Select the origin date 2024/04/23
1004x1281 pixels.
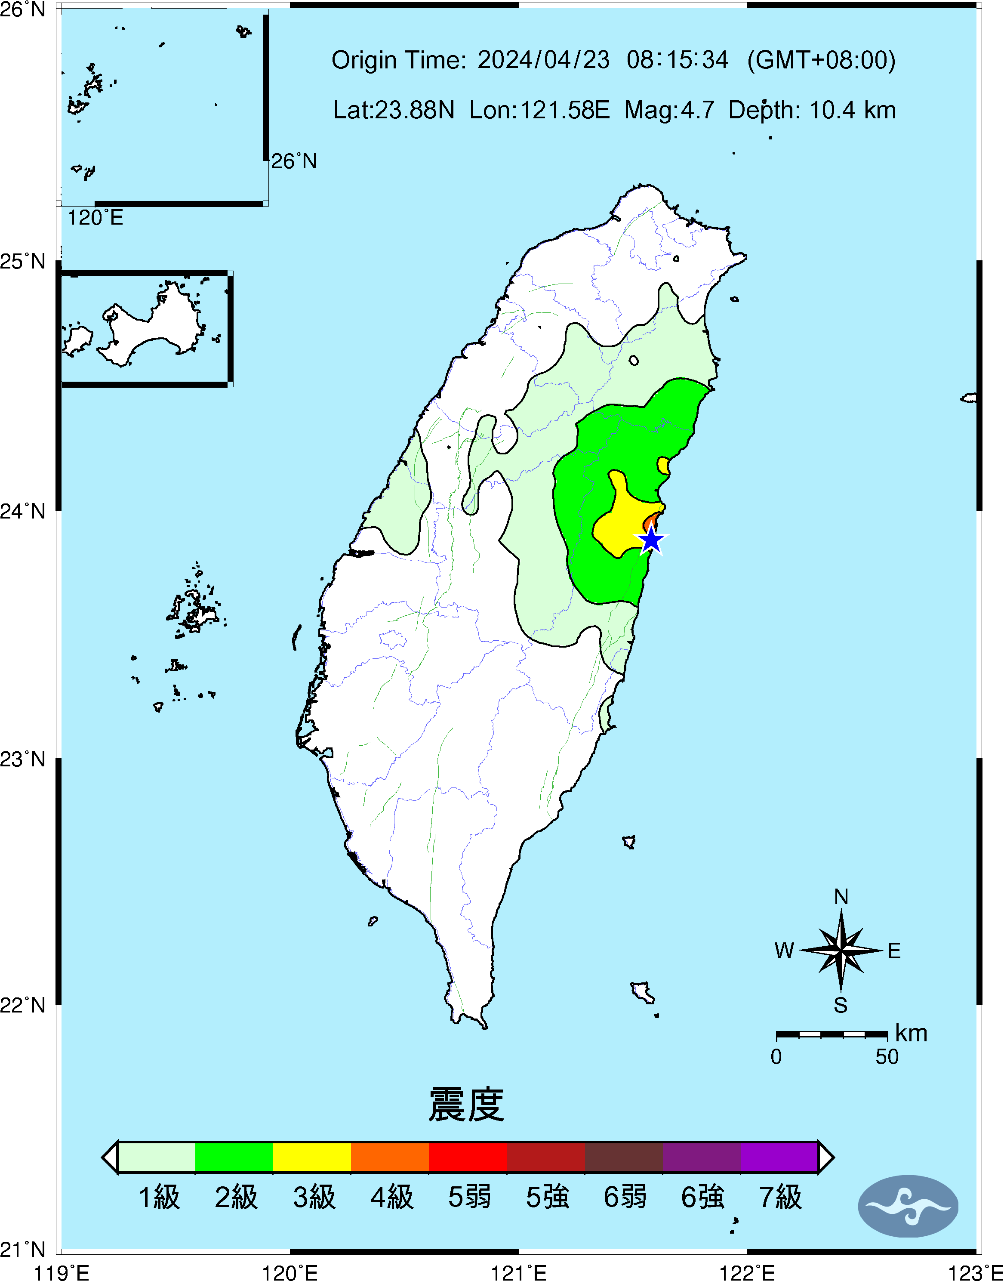point(543,60)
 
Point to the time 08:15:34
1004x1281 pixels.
point(677,60)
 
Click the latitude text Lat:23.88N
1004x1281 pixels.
point(394,110)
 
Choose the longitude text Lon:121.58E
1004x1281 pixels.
point(539,110)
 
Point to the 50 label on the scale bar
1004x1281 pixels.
point(887,1056)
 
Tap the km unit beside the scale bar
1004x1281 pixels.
point(911,1033)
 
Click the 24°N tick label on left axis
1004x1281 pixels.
point(22,511)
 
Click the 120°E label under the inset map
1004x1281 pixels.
point(95,218)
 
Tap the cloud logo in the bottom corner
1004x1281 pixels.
point(908,1206)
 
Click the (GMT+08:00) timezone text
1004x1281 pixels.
point(821,60)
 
